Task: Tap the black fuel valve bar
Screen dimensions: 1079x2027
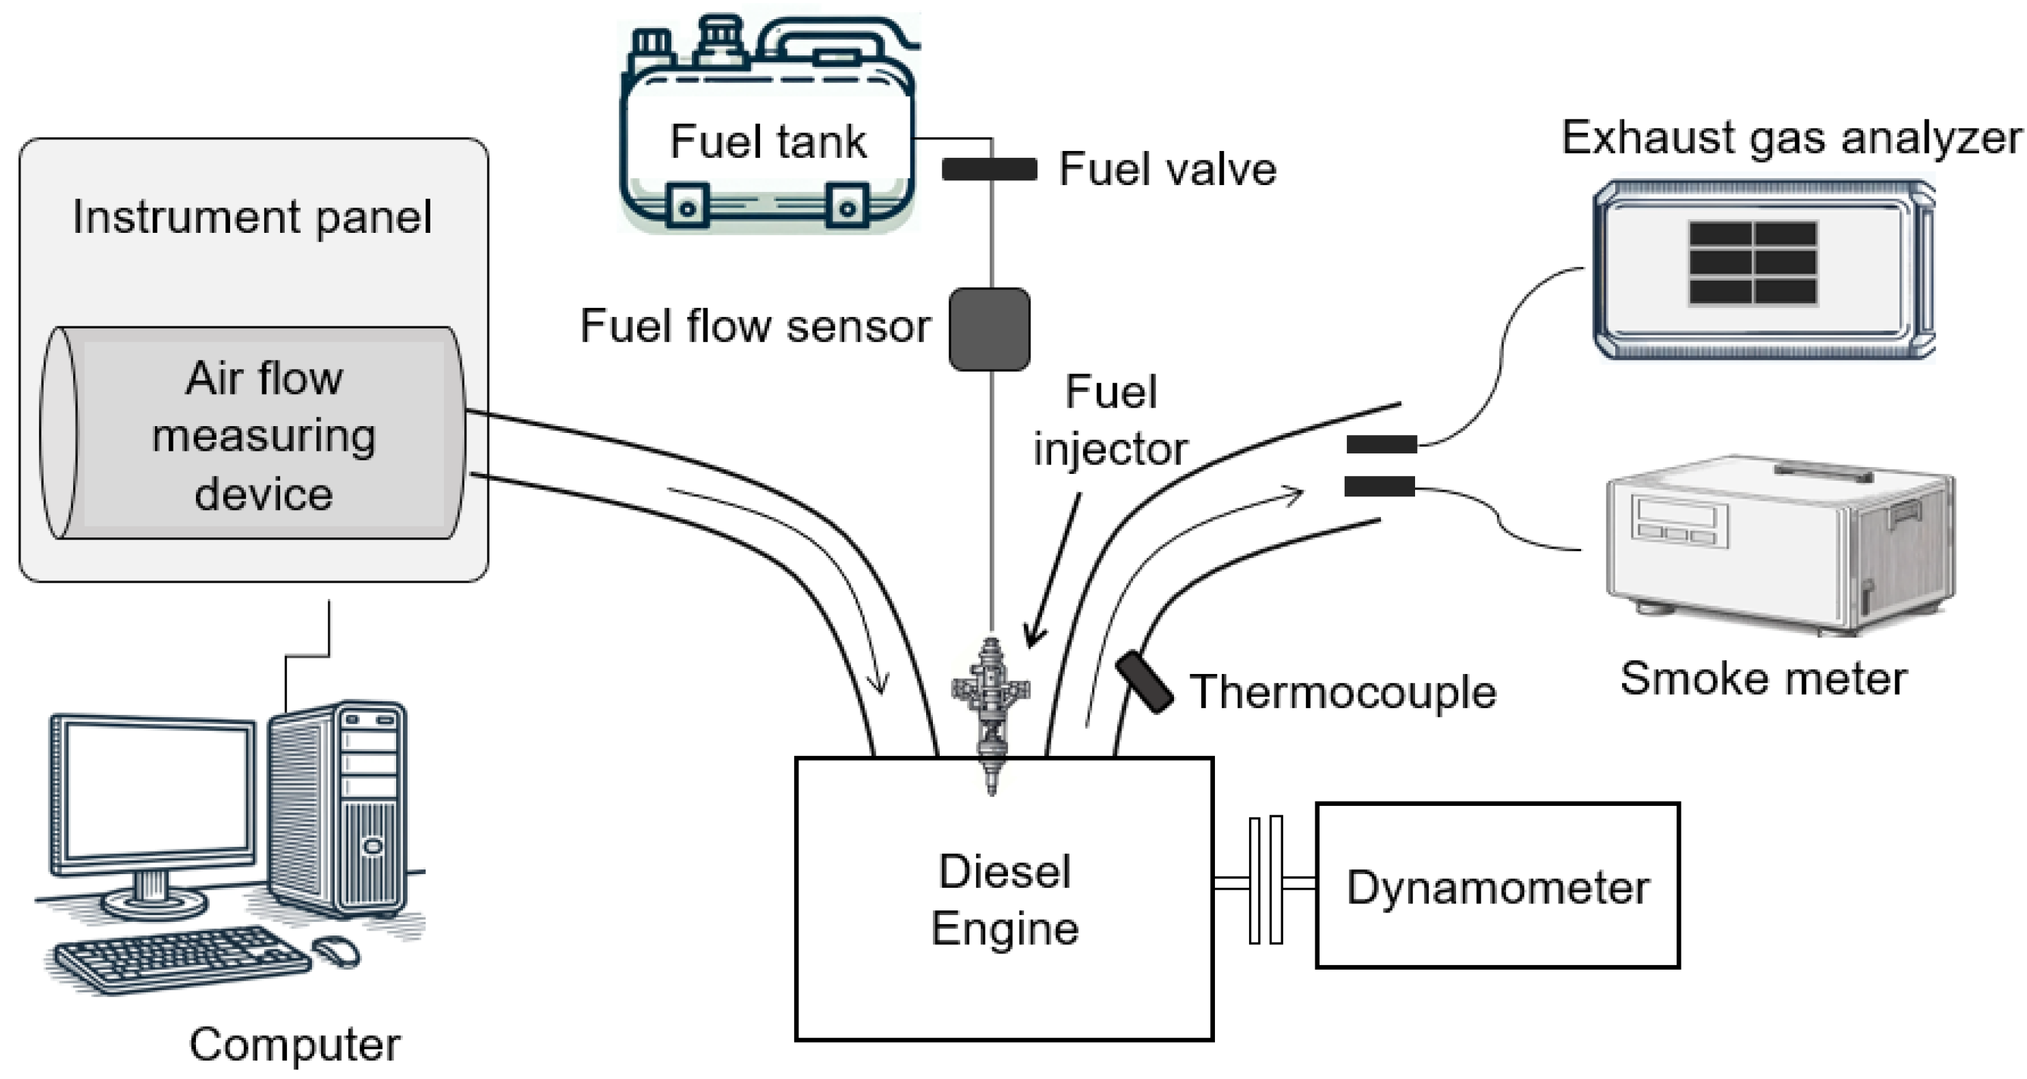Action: pos(989,169)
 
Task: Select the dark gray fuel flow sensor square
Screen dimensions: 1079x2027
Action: pos(989,329)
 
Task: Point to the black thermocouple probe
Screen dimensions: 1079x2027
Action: pos(1145,682)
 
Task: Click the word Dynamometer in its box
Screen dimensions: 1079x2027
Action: pos(1498,888)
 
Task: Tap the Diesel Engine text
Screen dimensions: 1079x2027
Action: pos(1004,899)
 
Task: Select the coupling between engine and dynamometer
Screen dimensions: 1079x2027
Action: pos(1266,880)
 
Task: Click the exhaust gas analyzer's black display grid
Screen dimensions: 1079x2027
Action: pos(1752,263)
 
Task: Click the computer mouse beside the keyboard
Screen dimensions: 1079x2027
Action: pos(337,951)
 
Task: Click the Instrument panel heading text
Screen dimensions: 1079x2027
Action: pos(252,217)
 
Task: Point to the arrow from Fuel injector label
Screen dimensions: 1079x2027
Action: pos(1053,571)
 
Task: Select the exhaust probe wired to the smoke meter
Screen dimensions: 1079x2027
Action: pos(1379,487)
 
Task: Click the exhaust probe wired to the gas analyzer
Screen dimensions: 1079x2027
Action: pos(1381,445)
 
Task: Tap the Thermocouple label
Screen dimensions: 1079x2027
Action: pos(1343,692)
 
